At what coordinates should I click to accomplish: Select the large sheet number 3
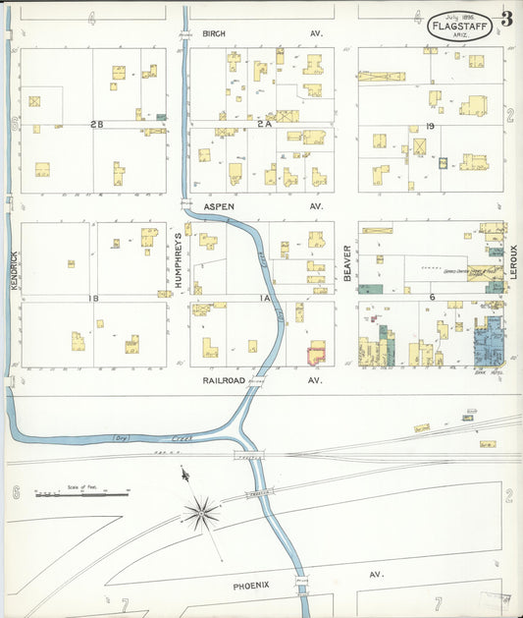pyautogui.click(x=505, y=19)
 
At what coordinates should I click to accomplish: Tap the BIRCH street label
pyautogui.click(x=214, y=33)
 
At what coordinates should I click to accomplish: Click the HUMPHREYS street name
pyautogui.click(x=178, y=260)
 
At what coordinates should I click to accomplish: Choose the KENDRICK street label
pyautogui.click(x=14, y=268)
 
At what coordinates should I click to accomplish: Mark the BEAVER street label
pyautogui.click(x=346, y=263)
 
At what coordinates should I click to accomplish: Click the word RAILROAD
pyautogui.click(x=223, y=379)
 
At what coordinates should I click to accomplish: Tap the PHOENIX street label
pyautogui.click(x=251, y=585)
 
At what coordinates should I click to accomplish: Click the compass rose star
pyautogui.click(x=201, y=510)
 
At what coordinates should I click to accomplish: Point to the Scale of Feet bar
pyautogui.click(x=82, y=492)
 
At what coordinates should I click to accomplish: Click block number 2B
pyautogui.click(x=95, y=124)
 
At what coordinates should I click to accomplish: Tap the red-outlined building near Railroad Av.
pyautogui.click(x=316, y=353)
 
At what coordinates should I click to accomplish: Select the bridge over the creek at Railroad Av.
pyautogui.click(x=256, y=380)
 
